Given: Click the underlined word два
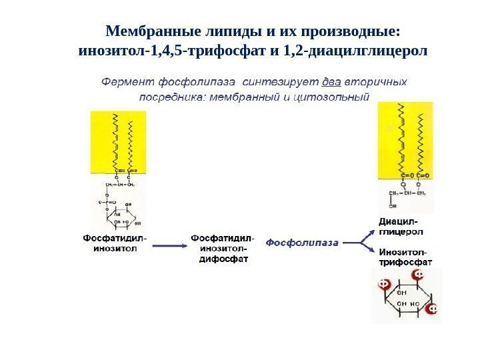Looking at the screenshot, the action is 331,83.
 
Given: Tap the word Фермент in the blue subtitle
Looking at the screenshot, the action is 128,83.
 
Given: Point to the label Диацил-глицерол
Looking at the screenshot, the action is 401,226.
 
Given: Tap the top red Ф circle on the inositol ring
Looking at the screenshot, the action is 419,275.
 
